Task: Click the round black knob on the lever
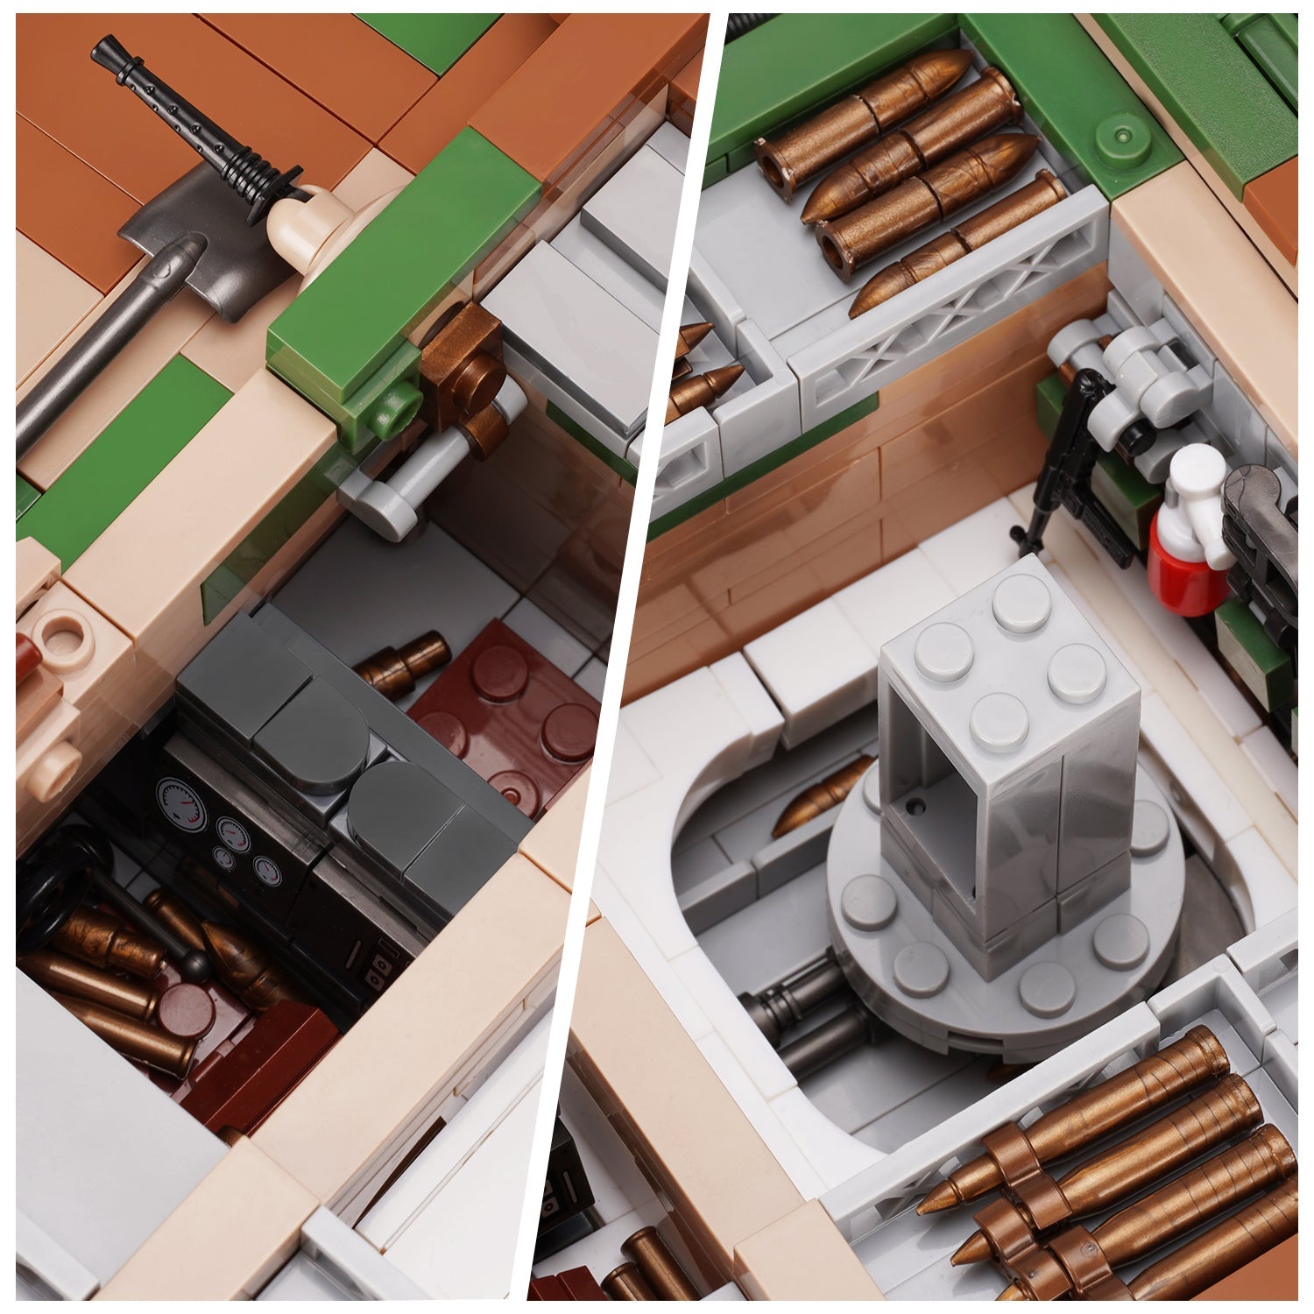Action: tap(197, 964)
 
